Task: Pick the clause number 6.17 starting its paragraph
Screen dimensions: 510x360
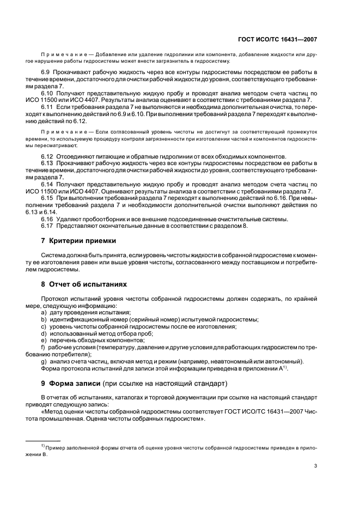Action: point(47,226)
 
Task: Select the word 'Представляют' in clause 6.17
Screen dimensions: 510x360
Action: point(76,226)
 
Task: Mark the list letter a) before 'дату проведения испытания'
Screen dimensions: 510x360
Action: point(44,312)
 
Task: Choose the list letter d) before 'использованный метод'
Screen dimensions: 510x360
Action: point(44,333)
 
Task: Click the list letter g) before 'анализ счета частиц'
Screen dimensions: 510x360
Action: point(44,362)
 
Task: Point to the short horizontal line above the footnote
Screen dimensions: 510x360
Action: point(44,440)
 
